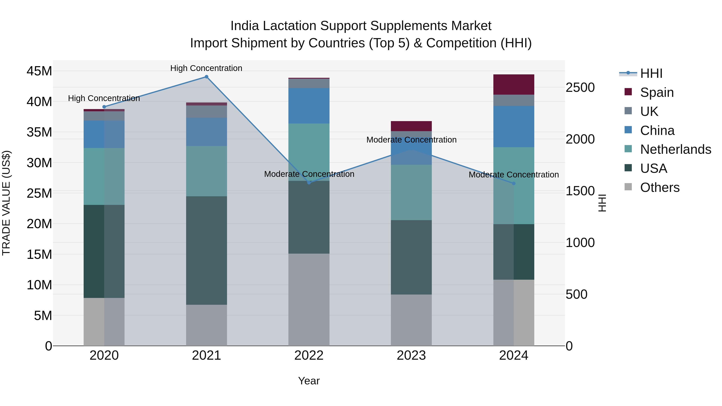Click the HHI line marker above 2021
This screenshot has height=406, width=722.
point(206,77)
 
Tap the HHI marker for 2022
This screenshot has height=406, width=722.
point(309,183)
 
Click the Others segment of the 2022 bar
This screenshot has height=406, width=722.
point(309,300)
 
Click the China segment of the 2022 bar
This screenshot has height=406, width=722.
point(309,106)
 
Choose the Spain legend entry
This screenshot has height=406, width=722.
point(657,92)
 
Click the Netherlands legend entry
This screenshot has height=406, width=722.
point(675,149)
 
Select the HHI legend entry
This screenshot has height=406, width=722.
point(651,73)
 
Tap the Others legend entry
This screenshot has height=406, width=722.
point(659,187)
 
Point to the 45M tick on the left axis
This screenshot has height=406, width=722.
point(39,71)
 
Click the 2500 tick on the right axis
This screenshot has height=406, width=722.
point(580,87)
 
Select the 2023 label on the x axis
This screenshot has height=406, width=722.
point(411,355)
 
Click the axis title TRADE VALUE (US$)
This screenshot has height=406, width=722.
point(6,203)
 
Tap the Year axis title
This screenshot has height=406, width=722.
point(309,381)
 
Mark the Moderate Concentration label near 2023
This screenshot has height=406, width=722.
point(411,140)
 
